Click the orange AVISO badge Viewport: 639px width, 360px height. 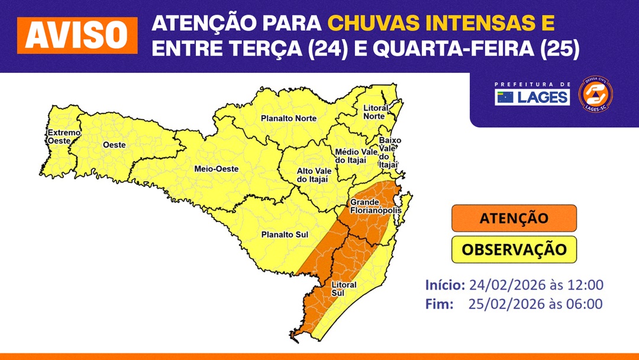click(x=77, y=36)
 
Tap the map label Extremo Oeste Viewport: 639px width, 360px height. click(x=63, y=137)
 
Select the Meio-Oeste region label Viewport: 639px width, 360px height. click(x=216, y=169)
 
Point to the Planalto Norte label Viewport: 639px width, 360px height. click(x=289, y=118)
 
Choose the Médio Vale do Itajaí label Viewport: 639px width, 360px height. click(x=356, y=156)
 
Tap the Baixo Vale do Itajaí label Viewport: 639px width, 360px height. click(x=390, y=152)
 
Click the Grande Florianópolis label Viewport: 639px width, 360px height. click(x=376, y=207)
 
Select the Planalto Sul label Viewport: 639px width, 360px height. click(x=285, y=234)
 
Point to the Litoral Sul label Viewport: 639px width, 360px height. click(x=344, y=289)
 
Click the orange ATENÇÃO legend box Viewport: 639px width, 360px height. click(x=514, y=218)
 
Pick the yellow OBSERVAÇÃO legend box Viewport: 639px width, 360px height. click(x=514, y=249)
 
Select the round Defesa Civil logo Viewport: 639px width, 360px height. click(x=595, y=94)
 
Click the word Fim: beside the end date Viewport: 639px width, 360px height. click(x=440, y=304)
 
